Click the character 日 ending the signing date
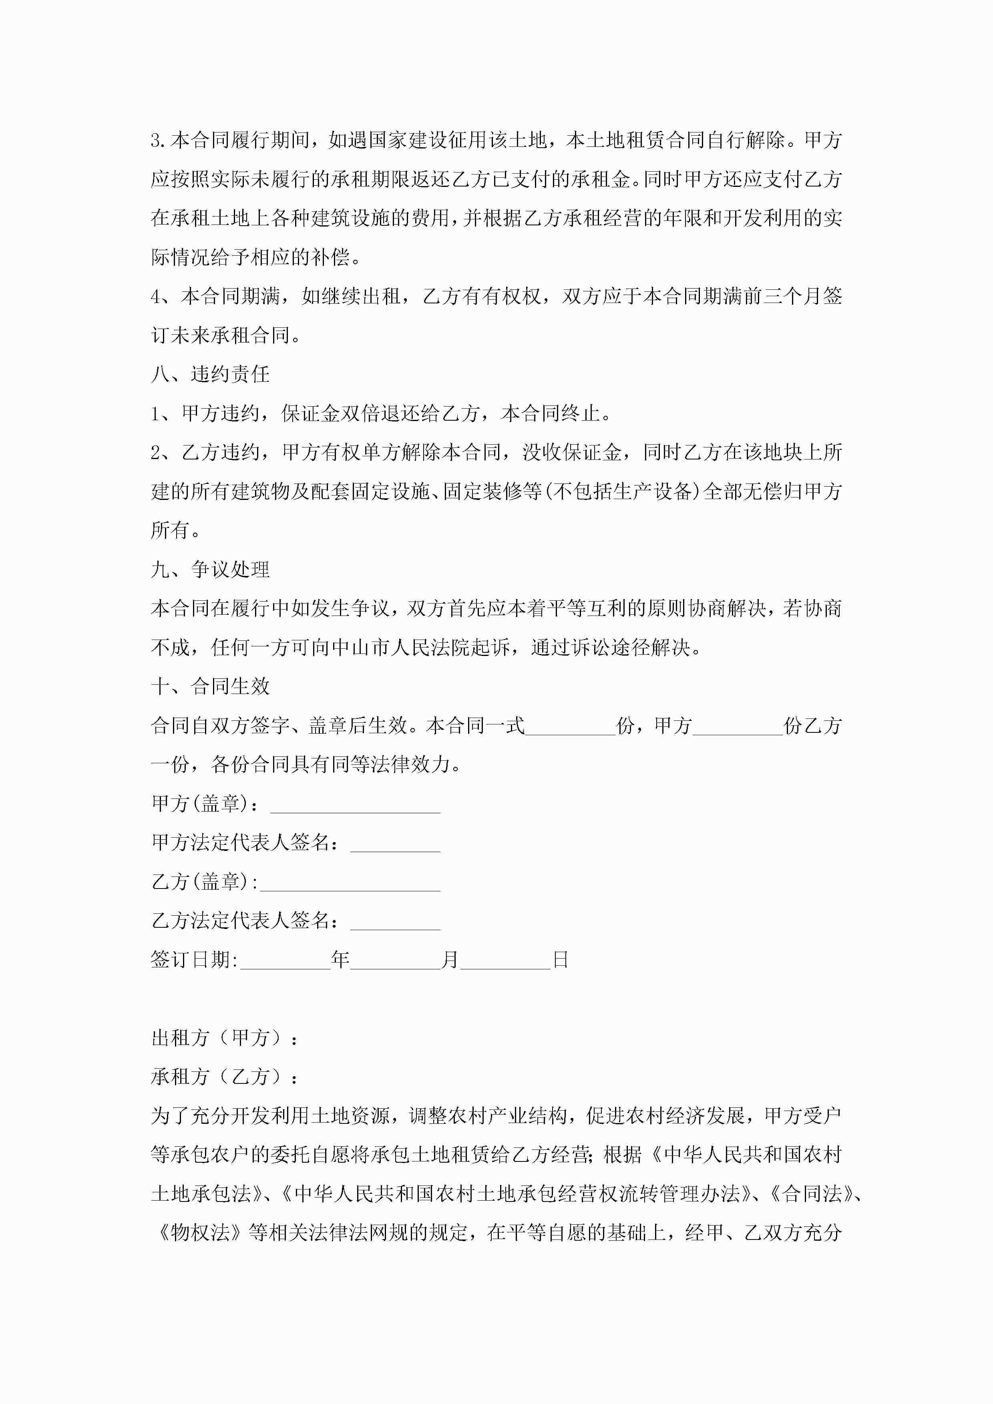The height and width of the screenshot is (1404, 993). [x=561, y=960]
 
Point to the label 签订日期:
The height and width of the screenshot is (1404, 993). [x=195, y=960]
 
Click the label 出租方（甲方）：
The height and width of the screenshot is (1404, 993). [x=225, y=1038]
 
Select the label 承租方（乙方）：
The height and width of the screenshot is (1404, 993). [x=225, y=1077]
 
